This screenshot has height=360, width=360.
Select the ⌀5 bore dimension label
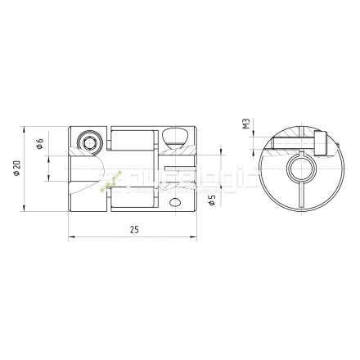pos(212,200)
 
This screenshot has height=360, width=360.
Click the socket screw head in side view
pos(88,142)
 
